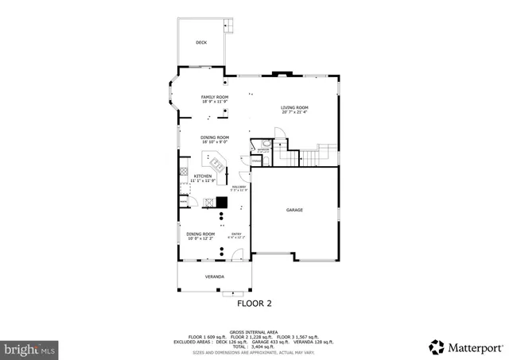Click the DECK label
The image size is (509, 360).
(x=201, y=42)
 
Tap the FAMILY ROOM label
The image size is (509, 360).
(x=214, y=97)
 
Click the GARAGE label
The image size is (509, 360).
(x=295, y=210)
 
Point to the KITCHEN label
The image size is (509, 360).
(x=203, y=176)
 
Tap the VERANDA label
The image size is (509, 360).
(x=214, y=277)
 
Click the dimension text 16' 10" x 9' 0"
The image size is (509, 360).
(x=214, y=142)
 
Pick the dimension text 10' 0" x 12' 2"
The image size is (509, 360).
(x=200, y=238)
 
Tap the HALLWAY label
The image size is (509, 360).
(x=239, y=187)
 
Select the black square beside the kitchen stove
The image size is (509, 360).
(x=222, y=202)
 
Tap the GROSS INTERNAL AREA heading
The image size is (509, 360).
(x=254, y=331)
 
